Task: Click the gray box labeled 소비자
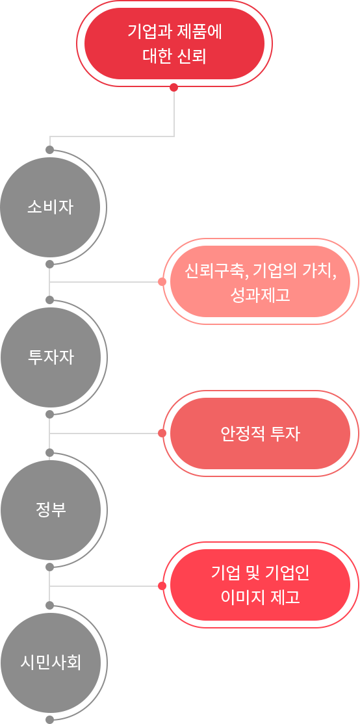53,207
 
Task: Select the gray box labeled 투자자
53,357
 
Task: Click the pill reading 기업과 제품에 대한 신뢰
174,44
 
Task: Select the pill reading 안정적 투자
260,433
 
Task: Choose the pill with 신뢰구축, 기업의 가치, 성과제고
260,282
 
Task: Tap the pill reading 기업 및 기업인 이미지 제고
260,585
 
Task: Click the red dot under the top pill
174,88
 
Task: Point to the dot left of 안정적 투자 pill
161,433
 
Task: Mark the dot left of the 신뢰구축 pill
161,282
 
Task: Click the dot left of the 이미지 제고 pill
161,586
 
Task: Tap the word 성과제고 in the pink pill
260,296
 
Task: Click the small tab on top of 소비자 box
50,149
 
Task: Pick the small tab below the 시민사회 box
50,719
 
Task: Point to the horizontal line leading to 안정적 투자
104,433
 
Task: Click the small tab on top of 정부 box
50,452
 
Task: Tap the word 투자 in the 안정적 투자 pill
285,433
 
